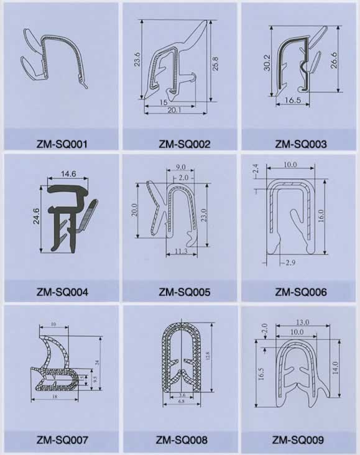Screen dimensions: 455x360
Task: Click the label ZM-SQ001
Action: tap(62, 144)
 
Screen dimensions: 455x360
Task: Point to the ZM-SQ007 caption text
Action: tap(62, 441)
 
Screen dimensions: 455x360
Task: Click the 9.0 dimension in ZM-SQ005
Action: tap(181, 167)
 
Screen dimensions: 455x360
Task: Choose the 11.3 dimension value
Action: tap(181, 252)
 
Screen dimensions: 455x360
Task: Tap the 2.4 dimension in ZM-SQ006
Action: tap(256, 168)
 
